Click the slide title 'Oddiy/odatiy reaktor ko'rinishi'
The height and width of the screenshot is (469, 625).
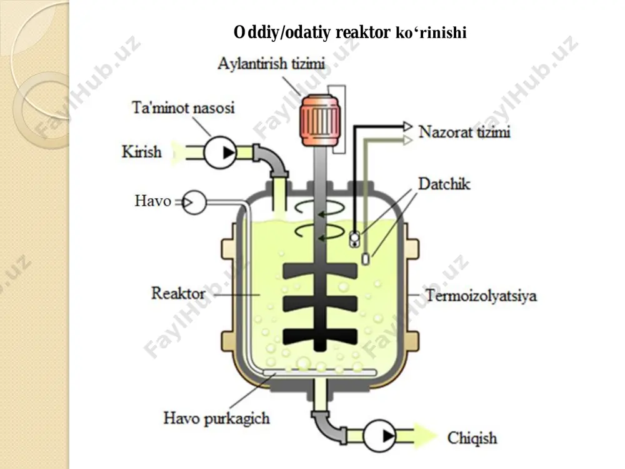(350, 33)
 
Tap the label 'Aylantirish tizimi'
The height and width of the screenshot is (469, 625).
(271, 64)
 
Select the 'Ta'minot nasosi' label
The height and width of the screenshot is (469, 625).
(183, 108)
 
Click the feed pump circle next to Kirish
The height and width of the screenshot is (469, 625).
(220, 153)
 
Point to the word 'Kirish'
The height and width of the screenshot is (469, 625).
(141, 152)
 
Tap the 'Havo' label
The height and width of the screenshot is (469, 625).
(152, 201)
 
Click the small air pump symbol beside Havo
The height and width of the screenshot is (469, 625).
(194, 203)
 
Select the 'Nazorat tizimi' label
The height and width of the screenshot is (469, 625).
(464, 132)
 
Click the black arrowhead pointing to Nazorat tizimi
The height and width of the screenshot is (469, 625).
(407, 127)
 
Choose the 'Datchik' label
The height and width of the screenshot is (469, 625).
(444, 184)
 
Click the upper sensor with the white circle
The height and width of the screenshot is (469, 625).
(354, 239)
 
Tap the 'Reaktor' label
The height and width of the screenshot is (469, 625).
(178, 293)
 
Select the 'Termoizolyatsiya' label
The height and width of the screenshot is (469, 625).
(481, 296)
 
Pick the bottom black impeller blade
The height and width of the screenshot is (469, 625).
(320, 337)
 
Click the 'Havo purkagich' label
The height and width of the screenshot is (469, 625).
(216, 418)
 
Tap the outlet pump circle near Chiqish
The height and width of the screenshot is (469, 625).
(379, 435)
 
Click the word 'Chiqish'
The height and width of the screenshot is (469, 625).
(472, 438)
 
